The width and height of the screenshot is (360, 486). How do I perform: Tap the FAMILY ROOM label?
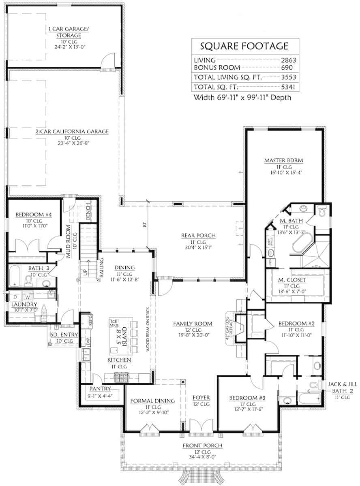tap(193, 324)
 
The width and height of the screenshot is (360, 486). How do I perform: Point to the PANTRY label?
tap(100, 389)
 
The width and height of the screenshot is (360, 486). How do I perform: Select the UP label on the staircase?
tap(85, 272)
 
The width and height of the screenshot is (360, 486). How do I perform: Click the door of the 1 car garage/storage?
tap(107, 62)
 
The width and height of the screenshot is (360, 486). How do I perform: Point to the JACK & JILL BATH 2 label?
tap(335, 388)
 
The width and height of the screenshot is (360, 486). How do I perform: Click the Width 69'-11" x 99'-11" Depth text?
tap(242, 97)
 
